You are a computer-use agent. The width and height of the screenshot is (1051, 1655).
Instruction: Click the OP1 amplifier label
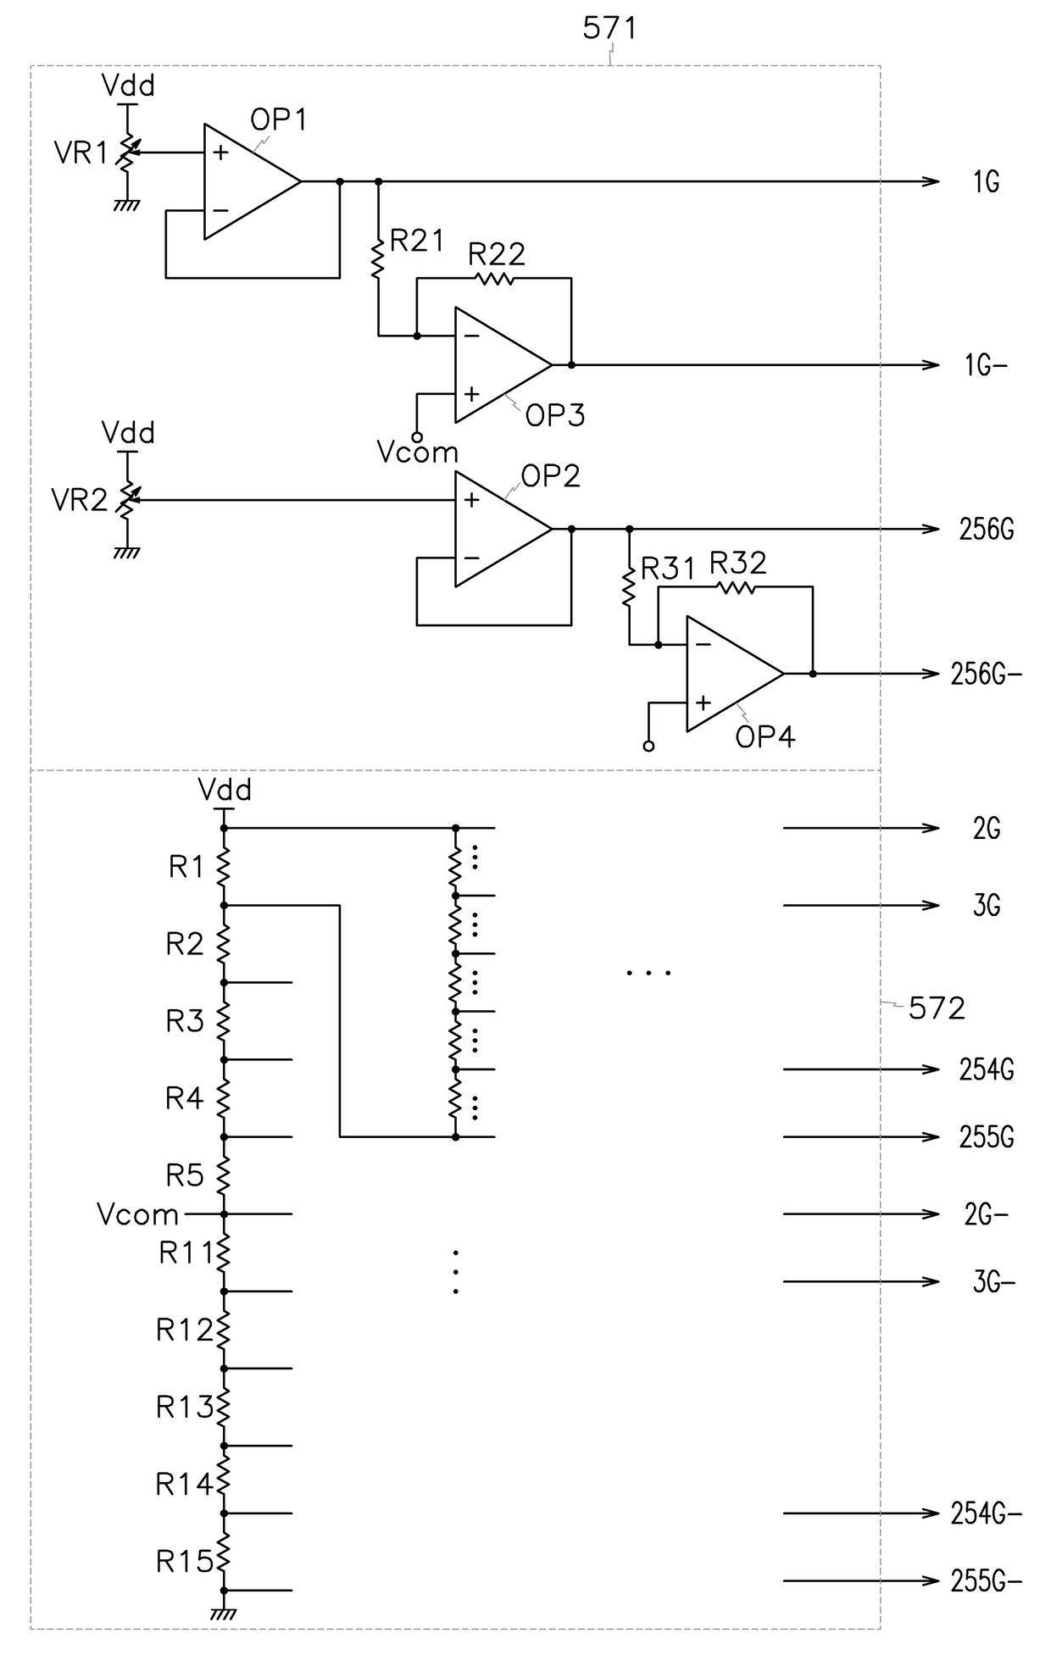pos(278,119)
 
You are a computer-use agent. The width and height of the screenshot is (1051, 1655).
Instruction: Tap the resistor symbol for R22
pos(494,278)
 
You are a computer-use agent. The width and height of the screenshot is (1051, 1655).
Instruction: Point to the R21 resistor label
pos(416,241)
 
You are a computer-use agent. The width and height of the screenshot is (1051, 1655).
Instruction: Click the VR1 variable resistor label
pos(81,153)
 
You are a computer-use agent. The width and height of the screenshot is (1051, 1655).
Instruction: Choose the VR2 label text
pos(80,500)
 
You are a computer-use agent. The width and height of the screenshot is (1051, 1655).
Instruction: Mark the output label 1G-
pos(985,365)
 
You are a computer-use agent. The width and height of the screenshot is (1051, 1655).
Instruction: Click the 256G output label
pos(987,530)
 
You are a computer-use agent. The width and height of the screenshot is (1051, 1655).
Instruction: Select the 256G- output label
pos(987,675)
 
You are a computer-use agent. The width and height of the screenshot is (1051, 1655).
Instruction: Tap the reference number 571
pos(609,29)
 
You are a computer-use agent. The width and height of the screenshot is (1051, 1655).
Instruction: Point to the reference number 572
pos(937,1008)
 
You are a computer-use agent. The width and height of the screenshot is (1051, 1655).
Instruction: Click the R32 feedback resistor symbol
pos(735,586)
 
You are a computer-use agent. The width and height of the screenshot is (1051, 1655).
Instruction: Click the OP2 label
pos(551,476)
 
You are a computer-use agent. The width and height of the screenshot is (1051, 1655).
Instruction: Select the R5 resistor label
pos(185,1175)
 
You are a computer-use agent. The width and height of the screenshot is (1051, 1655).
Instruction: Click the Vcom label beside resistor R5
pos(138,1214)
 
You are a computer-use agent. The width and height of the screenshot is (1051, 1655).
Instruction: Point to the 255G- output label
pos(987,1581)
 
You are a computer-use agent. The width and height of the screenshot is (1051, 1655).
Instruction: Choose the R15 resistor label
pos(184,1561)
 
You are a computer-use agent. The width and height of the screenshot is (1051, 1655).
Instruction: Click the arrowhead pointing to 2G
pos(931,828)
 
